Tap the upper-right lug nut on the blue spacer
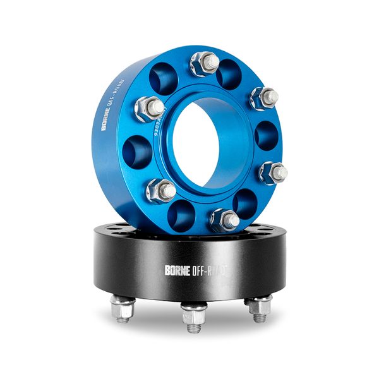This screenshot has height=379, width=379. (265, 98)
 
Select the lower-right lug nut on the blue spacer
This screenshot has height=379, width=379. (273, 172)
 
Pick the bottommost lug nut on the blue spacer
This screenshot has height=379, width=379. (225, 220)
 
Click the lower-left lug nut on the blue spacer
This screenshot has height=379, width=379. (162, 189)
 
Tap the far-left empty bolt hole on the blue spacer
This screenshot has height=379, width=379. (138, 151)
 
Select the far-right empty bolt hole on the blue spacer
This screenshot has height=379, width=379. (266, 135)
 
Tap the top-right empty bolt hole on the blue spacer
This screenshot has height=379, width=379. (229, 73)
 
